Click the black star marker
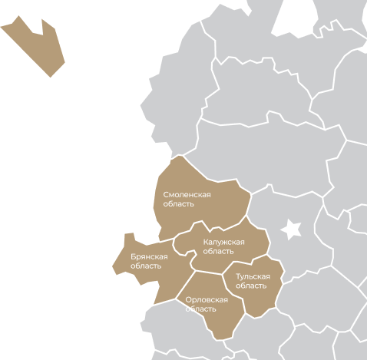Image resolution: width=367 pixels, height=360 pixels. click(x=292, y=229)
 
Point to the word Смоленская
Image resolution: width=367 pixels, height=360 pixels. click(x=187, y=195)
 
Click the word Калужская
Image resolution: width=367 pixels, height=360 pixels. click(x=223, y=243)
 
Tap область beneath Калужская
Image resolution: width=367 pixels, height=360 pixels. click(x=219, y=252)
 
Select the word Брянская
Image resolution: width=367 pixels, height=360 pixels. click(x=149, y=257)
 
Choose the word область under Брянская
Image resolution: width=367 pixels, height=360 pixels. click(x=146, y=266)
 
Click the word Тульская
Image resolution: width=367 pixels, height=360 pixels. click(x=253, y=276)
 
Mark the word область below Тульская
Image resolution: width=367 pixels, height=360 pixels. click(x=251, y=286)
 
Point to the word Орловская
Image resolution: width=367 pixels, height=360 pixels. click(x=207, y=299)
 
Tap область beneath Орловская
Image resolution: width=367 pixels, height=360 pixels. click(x=201, y=309)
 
